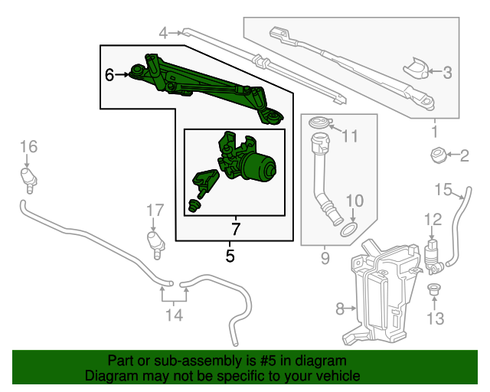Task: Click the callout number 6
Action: (109, 75)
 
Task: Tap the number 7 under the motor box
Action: (236, 228)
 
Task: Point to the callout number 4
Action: (163, 33)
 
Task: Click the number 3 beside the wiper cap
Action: (448, 73)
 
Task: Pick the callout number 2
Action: (464, 157)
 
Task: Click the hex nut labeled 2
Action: (439, 157)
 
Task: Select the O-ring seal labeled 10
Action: (348, 229)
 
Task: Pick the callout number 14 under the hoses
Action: (174, 315)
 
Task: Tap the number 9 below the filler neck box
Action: (325, 259)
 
